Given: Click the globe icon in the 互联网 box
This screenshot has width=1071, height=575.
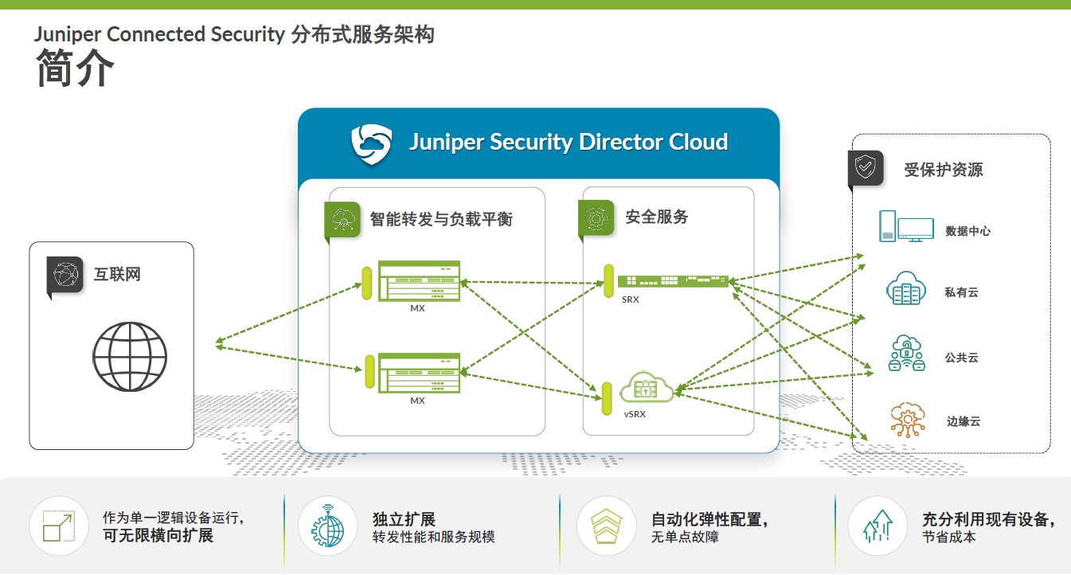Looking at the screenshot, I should pos(130,350).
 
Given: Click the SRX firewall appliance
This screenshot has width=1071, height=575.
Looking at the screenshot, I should pos(673,281).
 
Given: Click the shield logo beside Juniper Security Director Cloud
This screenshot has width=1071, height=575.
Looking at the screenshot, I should pos(372,143).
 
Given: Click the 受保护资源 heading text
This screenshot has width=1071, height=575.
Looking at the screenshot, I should pos(943,170).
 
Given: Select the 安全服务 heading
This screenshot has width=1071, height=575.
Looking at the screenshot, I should pos(656,217).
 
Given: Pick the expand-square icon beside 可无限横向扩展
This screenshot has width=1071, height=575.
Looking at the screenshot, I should pos(58,526).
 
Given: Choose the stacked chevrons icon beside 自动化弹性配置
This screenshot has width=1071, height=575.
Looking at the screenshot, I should pos(606,526).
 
